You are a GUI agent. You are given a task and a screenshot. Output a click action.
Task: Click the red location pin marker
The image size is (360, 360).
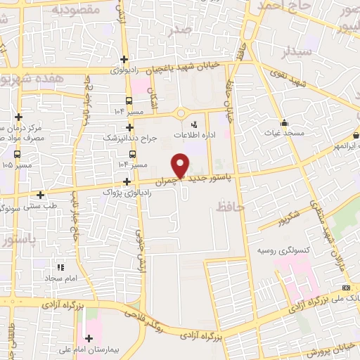click(181, 165)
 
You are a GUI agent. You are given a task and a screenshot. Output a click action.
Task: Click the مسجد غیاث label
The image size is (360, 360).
click(283, 134)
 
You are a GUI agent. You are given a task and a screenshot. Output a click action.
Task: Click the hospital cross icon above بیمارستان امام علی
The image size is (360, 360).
click(88, 337)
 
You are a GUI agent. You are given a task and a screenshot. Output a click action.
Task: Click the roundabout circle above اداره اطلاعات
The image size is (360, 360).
click(181, 112)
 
